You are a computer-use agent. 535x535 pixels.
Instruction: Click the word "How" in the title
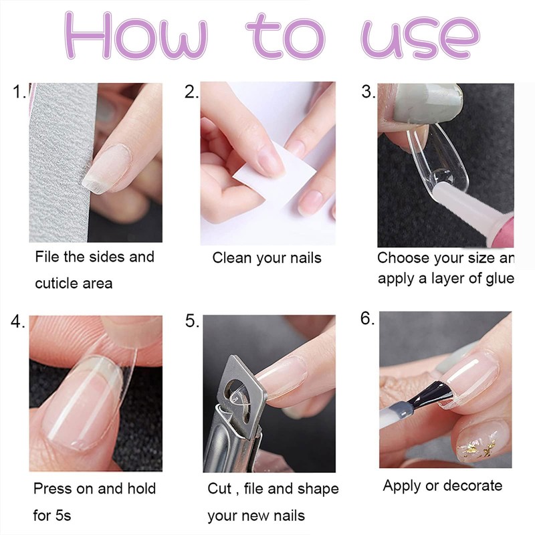point(136,35)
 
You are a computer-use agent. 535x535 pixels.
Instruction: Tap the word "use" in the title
point(421,38)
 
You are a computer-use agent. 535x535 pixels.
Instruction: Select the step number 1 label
point(19,92)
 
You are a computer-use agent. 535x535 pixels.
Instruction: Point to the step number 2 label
point(191,92)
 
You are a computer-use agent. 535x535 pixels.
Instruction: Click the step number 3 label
point(368,92)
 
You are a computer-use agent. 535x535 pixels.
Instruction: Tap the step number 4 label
point(17,322)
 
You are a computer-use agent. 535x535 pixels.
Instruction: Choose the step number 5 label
point(192,322)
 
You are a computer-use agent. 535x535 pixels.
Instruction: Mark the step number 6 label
point(367,319)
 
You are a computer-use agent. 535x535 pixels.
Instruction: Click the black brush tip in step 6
point(431,395)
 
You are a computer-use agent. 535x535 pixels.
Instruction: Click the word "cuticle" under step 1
point(56,284)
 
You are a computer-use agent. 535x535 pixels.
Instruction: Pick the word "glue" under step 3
point(500,279)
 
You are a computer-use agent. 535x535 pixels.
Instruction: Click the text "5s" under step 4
point(62,515)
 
